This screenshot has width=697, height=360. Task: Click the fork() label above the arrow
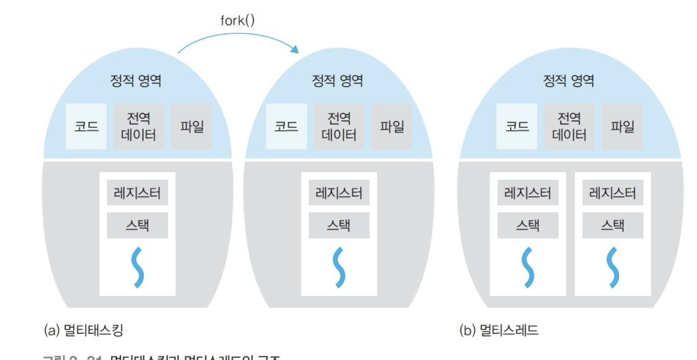click(237, 20)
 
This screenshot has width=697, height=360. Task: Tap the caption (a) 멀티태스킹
click(84, 330)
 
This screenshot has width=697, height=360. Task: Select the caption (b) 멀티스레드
click(499, 330)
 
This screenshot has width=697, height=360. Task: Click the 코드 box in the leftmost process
click(86, 126)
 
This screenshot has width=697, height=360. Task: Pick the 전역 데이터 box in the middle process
click(339, 126)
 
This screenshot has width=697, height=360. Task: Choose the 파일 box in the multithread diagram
click(622, 126)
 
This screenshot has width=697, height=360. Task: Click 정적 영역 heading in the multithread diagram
click(568, 80)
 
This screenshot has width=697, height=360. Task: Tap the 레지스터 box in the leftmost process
click(137, 193)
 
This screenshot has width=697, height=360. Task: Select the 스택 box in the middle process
click(339, 225)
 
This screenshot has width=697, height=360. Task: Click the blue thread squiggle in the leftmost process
click(137, 267)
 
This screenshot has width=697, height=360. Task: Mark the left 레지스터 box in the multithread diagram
click(528, 193)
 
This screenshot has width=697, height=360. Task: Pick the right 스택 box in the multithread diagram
click(612, 225)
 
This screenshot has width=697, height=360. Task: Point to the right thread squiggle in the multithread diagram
click(612, 267)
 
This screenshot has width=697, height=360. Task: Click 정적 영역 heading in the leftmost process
click(136, 80)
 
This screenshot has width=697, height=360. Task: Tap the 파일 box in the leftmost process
click(192, 126)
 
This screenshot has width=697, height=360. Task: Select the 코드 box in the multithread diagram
click(517, 126)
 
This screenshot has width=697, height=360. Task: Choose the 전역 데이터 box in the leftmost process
click(138, 126)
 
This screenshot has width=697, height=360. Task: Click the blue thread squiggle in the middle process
click(339, 267)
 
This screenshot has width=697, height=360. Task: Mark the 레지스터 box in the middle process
click(339, 193)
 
